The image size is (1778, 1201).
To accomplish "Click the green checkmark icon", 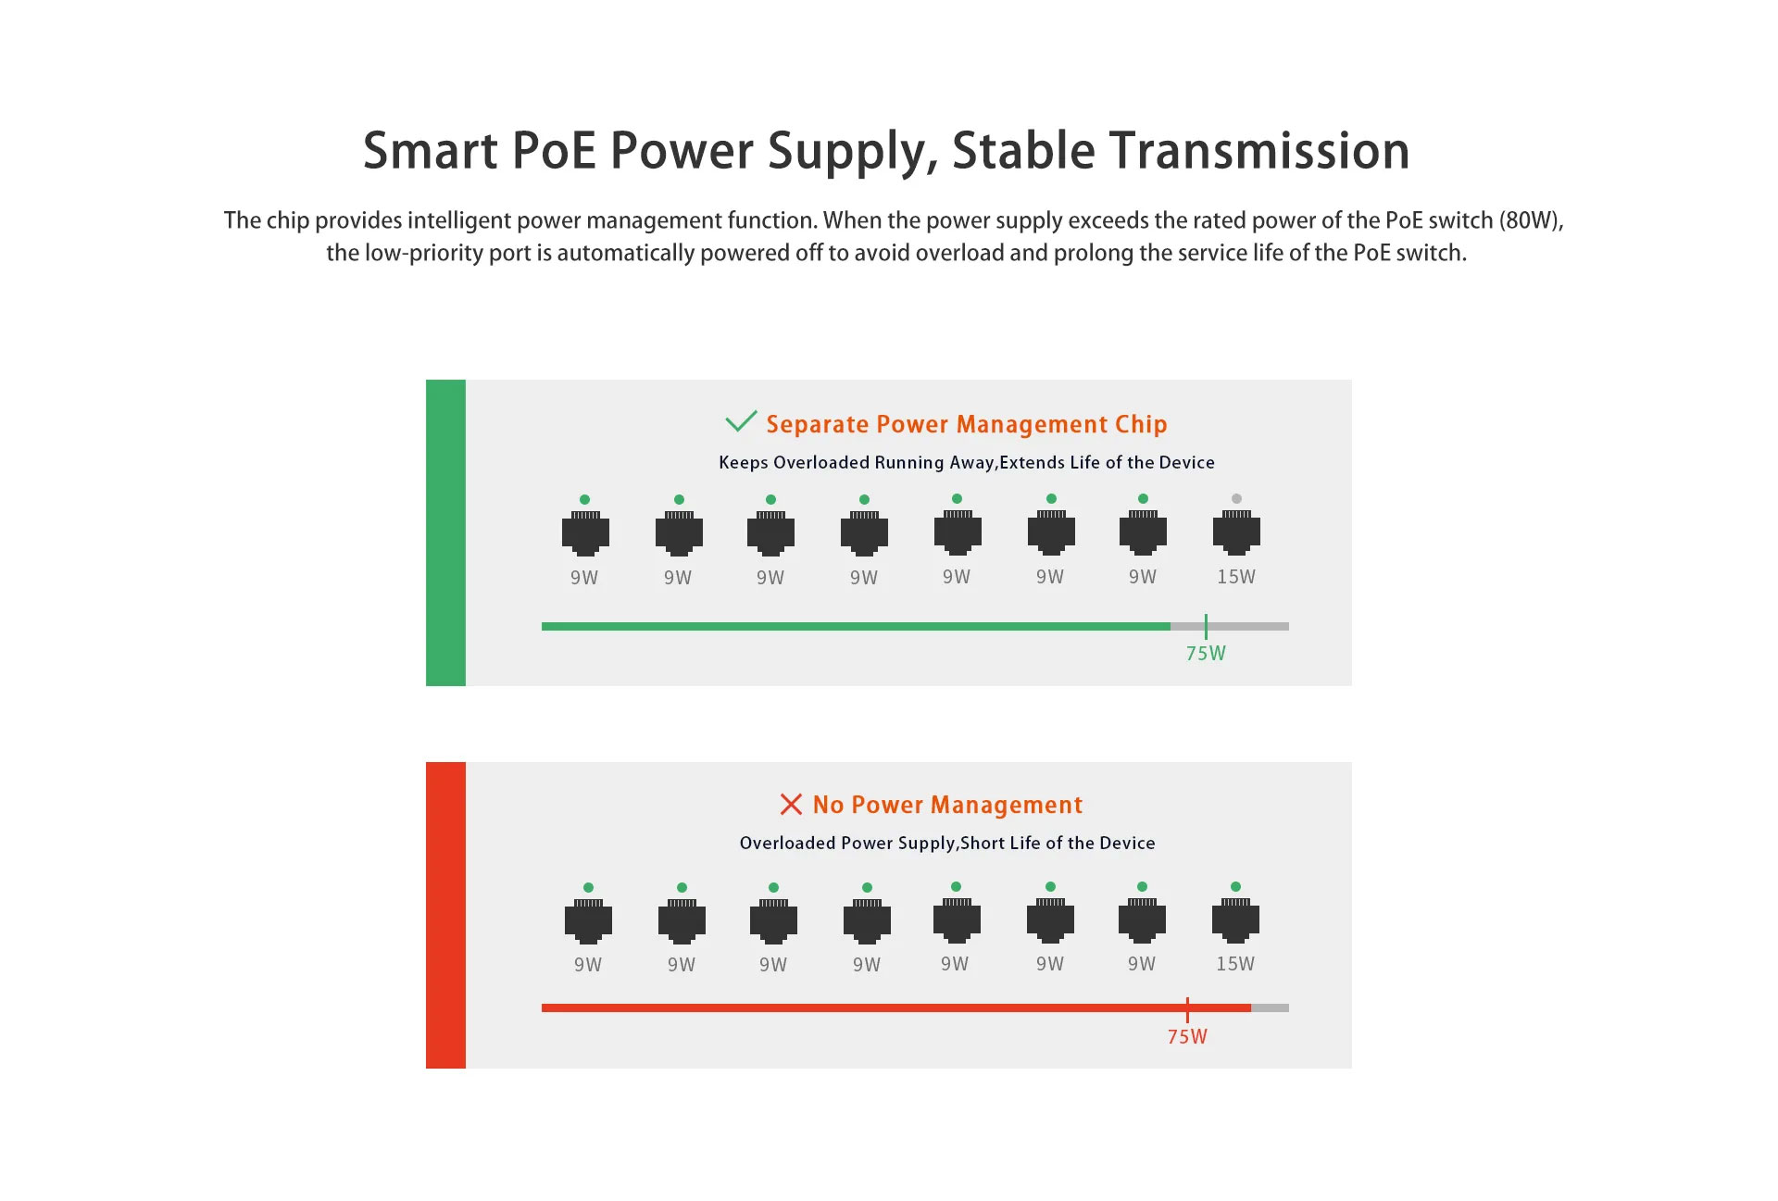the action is point(741,421).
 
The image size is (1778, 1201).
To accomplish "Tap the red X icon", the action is point(791,804).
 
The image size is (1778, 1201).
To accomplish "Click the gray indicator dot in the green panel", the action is point(1236,498).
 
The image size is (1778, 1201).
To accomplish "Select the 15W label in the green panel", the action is point(1236,577).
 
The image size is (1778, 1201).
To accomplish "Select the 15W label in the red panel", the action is point(1235,964).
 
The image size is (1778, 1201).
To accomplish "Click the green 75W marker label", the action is point(1206,654).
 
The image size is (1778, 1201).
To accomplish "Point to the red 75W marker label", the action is point(1187,1037).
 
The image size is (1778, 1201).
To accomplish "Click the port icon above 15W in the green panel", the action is point(1236,532).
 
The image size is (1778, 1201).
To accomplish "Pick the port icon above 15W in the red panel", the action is point(1235,920).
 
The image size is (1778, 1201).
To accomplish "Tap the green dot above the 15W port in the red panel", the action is point(1235,886).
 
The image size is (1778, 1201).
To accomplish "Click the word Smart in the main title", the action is point(431,150).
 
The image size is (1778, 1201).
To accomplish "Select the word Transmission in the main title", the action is point(1259,150).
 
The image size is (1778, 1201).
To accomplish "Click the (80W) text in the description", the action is point(1532,220).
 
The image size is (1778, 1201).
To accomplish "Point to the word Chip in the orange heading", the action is point(1141,424).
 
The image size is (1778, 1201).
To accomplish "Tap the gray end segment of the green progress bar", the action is point(1230,627).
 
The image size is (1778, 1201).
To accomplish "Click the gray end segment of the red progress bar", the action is point(1270,1007).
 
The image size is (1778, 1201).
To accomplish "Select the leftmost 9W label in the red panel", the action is point(588,965).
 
